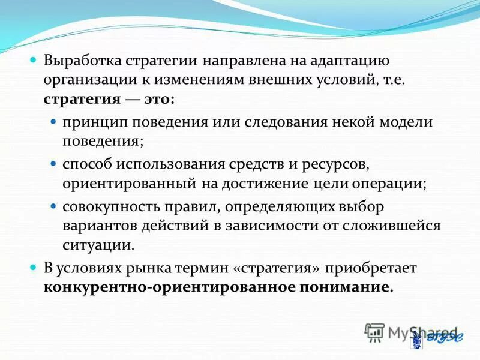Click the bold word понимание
344,286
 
